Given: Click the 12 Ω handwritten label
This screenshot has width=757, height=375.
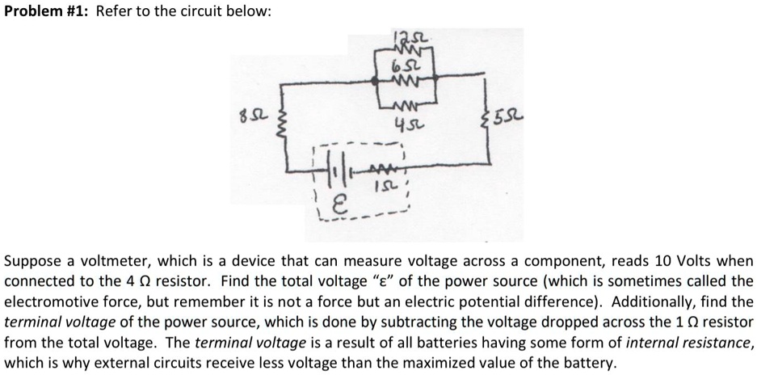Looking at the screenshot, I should point(400,38).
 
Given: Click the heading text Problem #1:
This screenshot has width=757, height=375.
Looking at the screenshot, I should point(46,12).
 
